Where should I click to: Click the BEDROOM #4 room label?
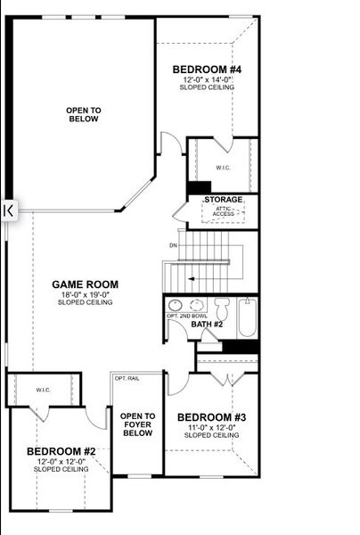pyautogui.click(x=206, y=69)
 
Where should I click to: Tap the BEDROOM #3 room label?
pyautogui.click(x=210, y=416)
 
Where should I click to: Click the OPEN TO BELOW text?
pyautogui.click(x=84, y=114)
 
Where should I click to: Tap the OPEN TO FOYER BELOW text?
pyautogui.click(x=137, y=424)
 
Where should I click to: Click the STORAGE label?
pyautogui.click(x=223, y=199)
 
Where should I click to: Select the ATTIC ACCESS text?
pyautogui.click(x=224, y=210)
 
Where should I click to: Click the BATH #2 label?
pyautogui.click(x=207, y=324)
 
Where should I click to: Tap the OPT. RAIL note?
pyautogui.click(x=126, y=379)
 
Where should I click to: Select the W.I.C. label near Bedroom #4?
pyautogui.click(x=223, y=168)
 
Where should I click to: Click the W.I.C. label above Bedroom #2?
pyautogui.click(x=43, y=390)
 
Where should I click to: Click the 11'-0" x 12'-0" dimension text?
pyautogui.click(x=210, y=426)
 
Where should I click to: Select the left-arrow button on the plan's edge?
pyautogui.click(x=7, y=210)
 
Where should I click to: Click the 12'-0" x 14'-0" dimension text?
pyautogui.click(x=206, y=78)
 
